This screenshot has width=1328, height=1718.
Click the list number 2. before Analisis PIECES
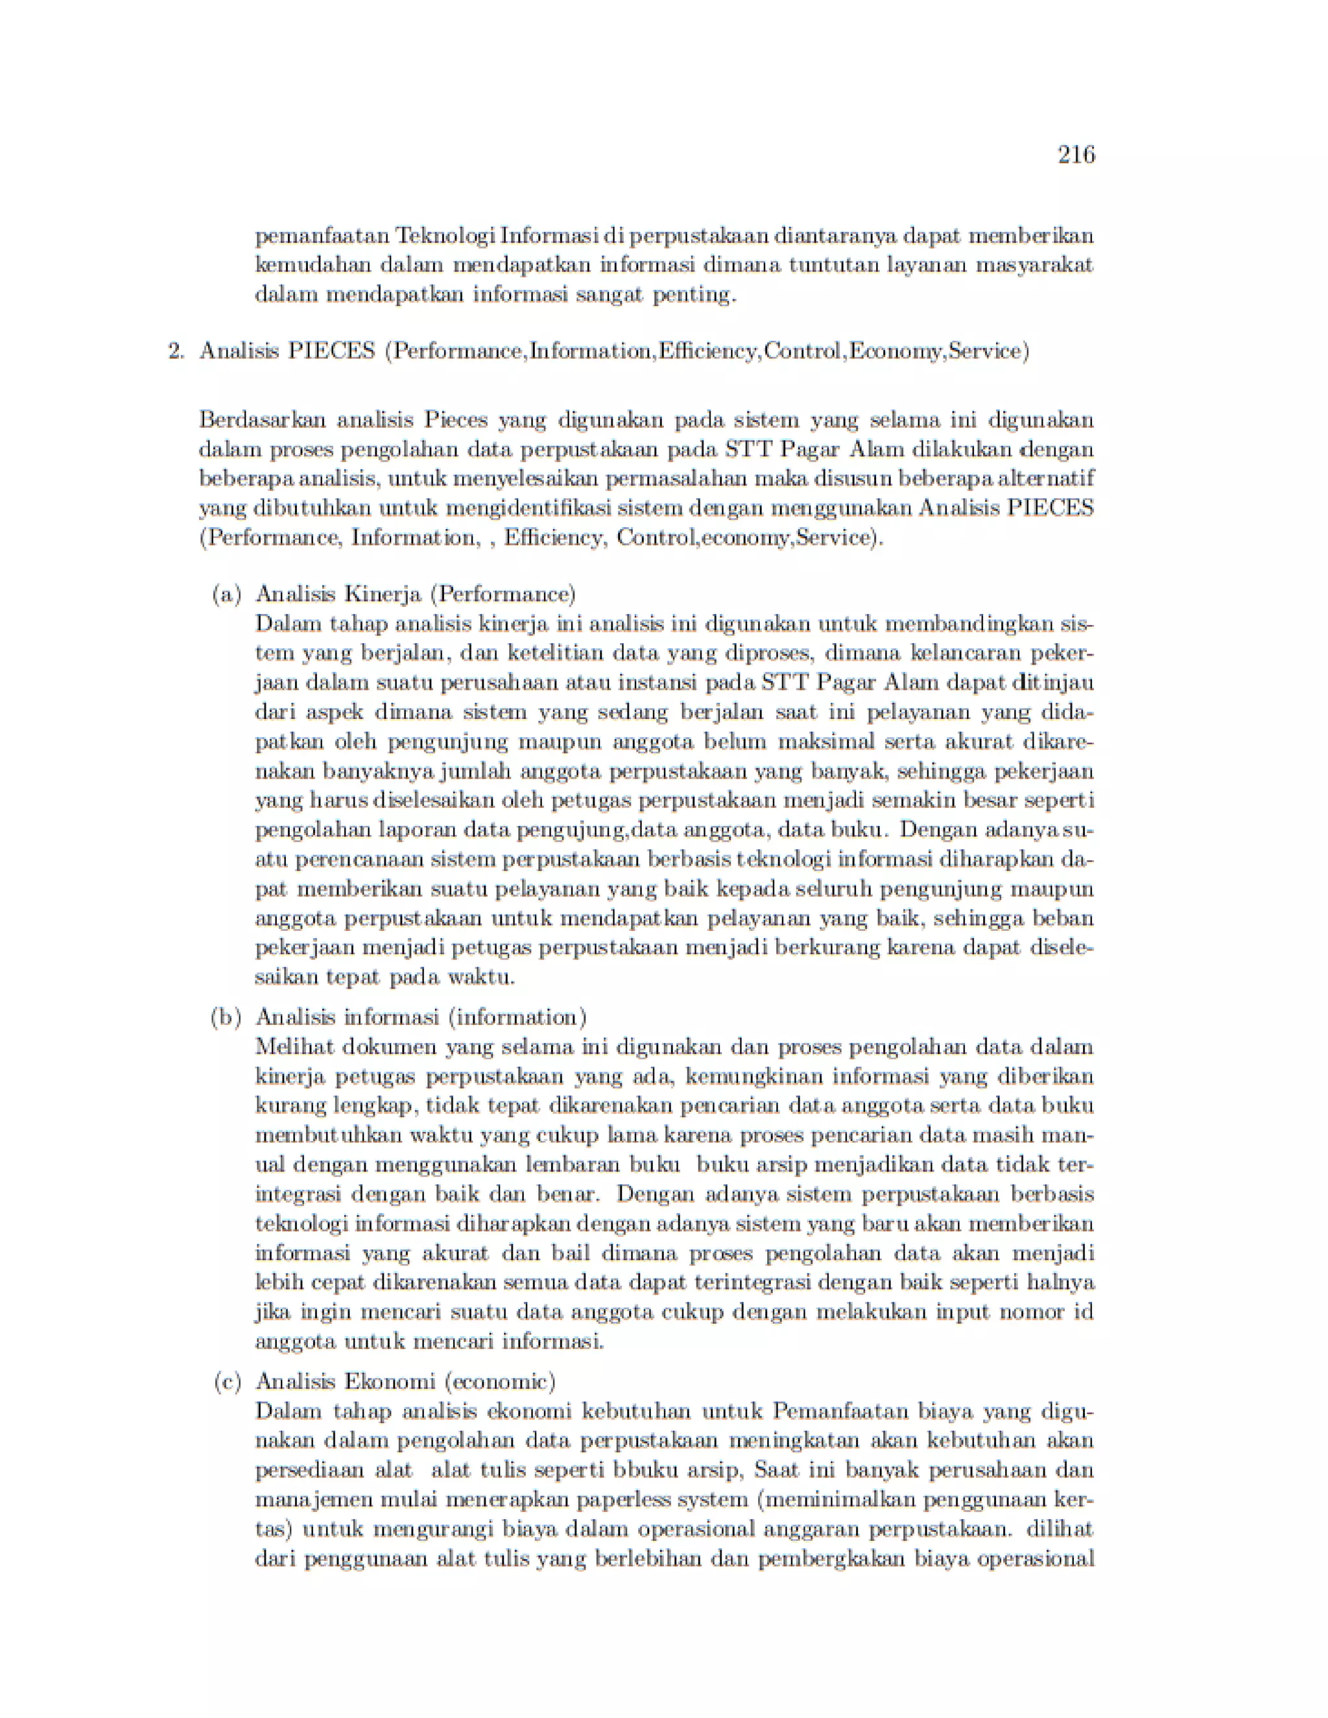176,351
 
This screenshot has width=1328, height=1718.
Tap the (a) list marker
226,594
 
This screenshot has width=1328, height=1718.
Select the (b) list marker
226,1018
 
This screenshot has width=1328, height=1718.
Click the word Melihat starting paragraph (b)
294,1048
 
